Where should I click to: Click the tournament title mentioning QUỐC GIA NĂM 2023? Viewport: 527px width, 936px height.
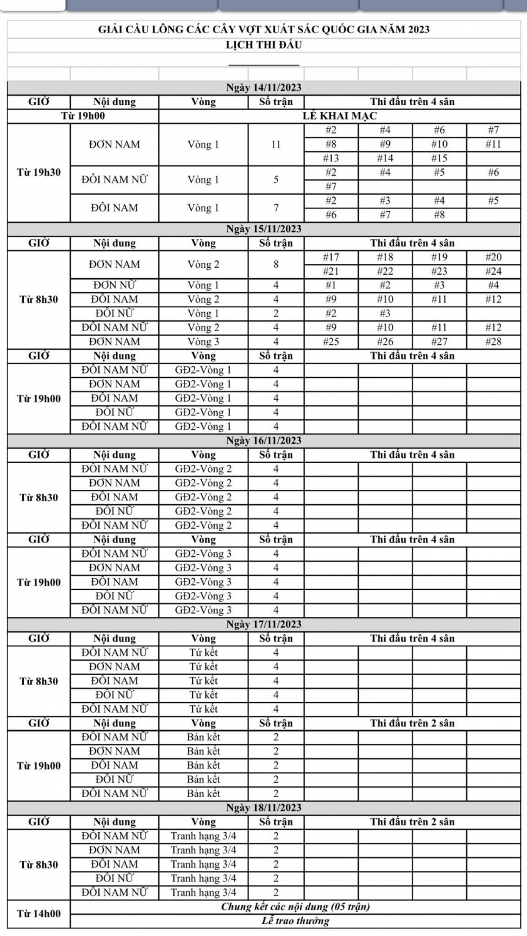(263, 29)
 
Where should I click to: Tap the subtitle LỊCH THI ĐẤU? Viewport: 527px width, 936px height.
(263, 45)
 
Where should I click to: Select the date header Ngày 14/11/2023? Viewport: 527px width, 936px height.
(263, 88)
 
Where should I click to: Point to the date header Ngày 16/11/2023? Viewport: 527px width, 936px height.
(263, 440)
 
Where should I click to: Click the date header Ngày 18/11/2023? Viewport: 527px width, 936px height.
(263, 808)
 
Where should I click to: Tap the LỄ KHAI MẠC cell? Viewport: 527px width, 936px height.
(339, 116)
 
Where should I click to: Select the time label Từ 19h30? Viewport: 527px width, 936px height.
(39, 173)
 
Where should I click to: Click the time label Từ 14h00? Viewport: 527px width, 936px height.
(39, 913)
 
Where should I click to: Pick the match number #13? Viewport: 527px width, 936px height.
(330, 158)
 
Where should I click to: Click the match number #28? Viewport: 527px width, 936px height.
(493, 342)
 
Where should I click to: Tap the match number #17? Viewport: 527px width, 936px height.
(330, 257)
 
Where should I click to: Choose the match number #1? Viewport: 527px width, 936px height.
(330, 285)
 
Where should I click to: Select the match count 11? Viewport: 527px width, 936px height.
(275, 145)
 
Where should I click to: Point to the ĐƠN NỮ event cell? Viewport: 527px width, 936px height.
(115, 285)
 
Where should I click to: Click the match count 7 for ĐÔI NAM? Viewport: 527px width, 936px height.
(275, 208)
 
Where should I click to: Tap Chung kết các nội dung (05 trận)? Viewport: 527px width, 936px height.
(295, 907)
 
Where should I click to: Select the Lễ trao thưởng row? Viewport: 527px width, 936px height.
(295, 921)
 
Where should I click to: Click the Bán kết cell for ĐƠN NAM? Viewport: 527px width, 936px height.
(203, 751)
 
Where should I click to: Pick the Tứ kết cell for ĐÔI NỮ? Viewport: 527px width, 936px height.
(203, 694)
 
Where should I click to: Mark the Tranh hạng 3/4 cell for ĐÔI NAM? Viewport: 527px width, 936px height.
(203, 864)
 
